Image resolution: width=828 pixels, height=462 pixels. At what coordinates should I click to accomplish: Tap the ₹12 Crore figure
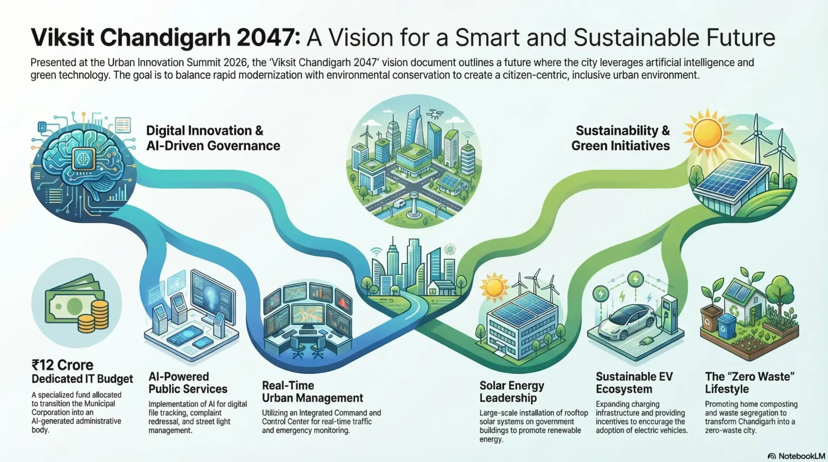63,365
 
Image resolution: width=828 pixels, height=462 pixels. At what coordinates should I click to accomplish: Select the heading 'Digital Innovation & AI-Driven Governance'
213,138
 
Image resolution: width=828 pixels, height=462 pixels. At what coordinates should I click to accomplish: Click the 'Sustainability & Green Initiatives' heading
621,138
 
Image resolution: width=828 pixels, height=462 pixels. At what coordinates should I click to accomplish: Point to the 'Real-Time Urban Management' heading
313,392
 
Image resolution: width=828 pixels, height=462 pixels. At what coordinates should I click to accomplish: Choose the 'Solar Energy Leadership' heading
512,392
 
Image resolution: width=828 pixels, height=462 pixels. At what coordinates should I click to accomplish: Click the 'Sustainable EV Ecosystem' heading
634,383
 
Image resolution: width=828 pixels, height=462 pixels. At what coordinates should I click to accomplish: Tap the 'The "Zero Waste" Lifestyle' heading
750,383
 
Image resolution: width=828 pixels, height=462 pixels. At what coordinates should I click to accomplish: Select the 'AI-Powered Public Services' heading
188,383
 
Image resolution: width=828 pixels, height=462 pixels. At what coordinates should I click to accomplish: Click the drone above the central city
435,114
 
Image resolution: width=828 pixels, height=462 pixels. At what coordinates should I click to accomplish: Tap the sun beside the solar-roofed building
494,288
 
